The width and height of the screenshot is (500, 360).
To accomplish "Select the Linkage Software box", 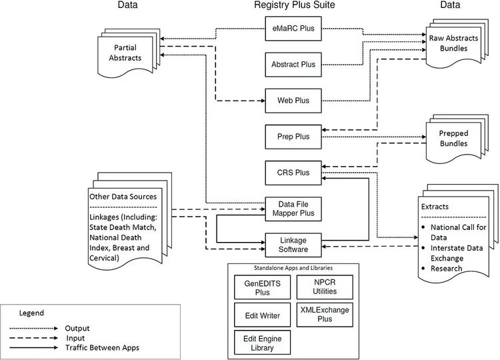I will (x=293, y=244).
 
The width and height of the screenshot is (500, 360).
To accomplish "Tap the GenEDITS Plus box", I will (x=257, y=287).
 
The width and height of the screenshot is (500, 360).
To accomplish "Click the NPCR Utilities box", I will (x=324, y=287).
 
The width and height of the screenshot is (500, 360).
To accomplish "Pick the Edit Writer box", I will (x=257, y=315).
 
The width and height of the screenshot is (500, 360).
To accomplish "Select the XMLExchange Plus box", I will (x=324, y=315).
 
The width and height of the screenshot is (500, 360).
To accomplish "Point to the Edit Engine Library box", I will (x=257, y=343).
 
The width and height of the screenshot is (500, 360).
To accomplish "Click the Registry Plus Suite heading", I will (x=294, y=6).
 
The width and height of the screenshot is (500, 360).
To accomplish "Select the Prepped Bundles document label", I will (x=453, y=138).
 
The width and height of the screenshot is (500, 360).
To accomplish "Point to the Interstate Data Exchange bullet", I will (x=459, y=250).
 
